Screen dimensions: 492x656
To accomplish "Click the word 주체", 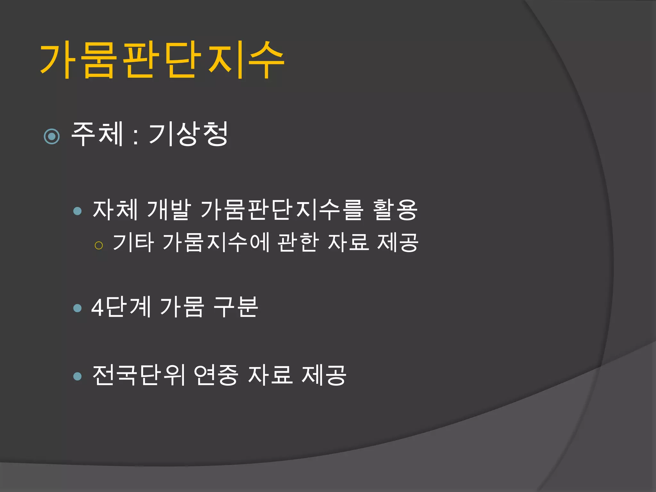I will click(97, 134).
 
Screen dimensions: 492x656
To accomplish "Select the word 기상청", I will click(188, 134).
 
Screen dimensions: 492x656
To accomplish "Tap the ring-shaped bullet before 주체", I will click(52, 137).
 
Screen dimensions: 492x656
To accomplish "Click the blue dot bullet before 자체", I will click(78, 211).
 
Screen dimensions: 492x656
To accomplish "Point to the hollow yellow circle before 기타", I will click(99, 245).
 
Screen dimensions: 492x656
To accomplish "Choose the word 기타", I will click(133, 242).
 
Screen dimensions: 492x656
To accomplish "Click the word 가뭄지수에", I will click(216, 242).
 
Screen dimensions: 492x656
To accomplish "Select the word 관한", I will click(298, 242).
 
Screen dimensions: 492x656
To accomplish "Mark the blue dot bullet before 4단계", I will click(78, 308).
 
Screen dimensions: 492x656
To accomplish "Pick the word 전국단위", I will click(139, 375).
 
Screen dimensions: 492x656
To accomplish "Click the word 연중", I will click(216, 375).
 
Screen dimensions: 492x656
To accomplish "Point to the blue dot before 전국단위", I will click(78, 376).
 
